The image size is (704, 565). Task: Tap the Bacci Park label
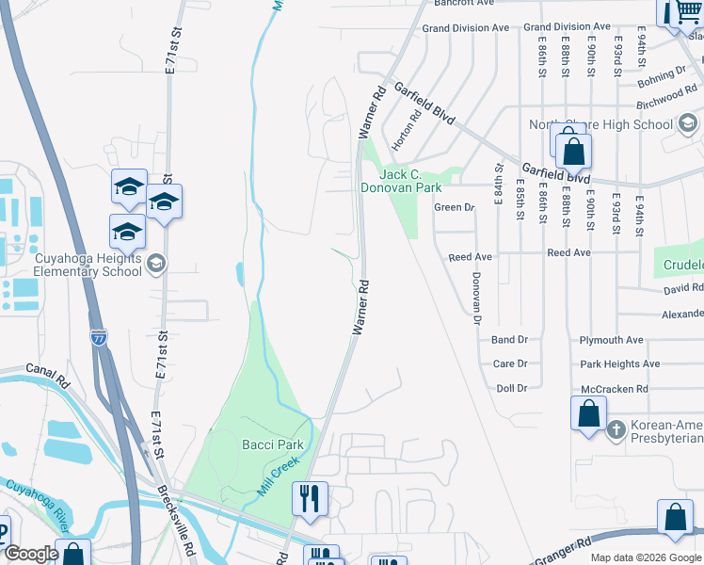coord(272,444)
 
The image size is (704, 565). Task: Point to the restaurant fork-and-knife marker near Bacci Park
coord(310,497)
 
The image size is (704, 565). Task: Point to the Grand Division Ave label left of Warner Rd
coord(465,28)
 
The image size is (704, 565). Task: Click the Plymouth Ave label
coord(611,340)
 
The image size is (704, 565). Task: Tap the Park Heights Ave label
coord(619,364)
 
